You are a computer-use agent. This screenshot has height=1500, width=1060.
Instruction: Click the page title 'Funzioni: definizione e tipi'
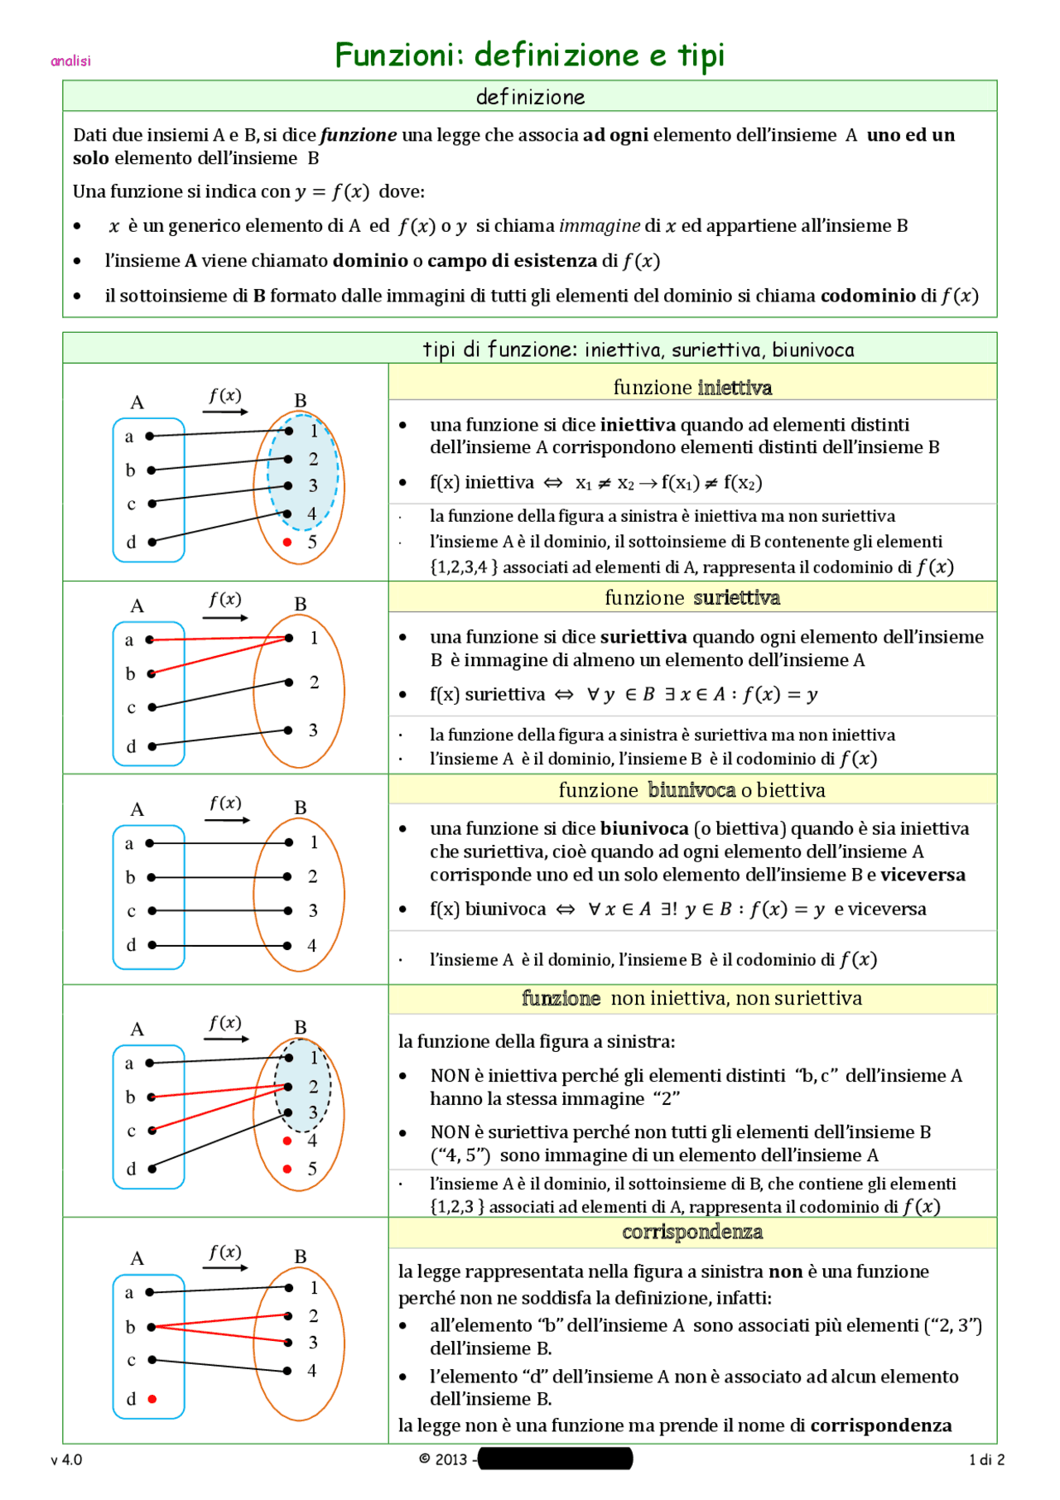pos(530,55)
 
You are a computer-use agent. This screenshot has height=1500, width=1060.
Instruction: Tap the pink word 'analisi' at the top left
pos(70,60)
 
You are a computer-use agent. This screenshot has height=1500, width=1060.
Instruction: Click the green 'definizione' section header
pos(530,97)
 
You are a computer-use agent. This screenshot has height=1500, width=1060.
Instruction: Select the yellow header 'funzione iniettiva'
pos(692,387)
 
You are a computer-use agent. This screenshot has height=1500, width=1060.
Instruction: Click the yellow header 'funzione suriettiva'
pos(692,597)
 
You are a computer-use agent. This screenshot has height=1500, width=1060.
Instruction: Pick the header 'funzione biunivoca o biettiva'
pos(692,789)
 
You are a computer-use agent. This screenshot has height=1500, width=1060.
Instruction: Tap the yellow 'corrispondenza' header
pos(692,1232)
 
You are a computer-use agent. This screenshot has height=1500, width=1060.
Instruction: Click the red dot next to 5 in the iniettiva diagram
pos(287,542)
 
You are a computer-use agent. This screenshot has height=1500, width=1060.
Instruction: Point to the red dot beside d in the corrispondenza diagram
pos(152,1399)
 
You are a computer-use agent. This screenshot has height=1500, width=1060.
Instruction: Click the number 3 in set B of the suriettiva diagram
pos(313,730)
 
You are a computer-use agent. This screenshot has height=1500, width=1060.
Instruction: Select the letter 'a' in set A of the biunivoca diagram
pos(129,843)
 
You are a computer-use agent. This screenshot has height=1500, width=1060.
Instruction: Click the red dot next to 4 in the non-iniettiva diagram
pos(287,1141)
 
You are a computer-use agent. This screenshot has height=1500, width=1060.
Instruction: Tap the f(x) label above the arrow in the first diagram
pos(225,395)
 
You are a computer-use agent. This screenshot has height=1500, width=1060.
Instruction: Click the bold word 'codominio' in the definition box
pos(867,296)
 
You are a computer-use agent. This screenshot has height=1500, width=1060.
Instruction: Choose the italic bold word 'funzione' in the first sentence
pos(359,135)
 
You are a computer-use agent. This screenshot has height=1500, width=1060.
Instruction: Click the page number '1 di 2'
pos(986,1459)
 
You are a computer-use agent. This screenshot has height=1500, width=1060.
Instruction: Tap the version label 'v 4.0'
pos(66,1459)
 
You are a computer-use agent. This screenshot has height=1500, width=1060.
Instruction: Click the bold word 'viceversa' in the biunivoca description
pos(923,875)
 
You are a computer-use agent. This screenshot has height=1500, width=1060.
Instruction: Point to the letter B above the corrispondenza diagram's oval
pos(301,1256)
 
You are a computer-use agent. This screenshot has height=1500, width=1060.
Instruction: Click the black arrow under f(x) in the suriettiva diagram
pos(225,618)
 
